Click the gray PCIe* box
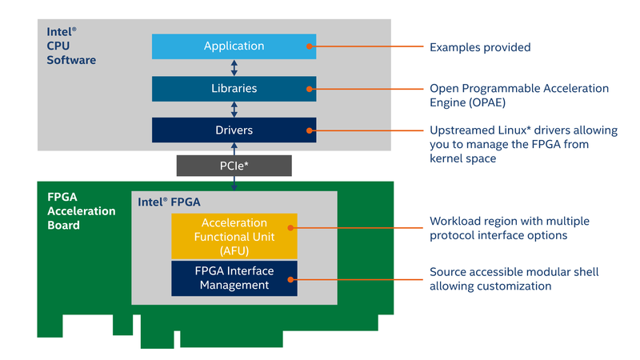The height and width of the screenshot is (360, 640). tap(234, 166)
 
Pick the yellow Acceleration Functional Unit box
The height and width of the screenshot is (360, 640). tap(234, 235)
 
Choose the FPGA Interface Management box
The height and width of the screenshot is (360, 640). tap(234, 278)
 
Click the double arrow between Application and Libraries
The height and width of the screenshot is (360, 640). tap(234, 67)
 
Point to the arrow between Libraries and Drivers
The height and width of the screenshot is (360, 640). tap(234, 109)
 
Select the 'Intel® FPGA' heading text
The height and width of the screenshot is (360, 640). tap(170, 202)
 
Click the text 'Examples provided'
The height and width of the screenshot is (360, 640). tap(479, 47)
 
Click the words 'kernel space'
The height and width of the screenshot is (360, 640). tap(462, 159)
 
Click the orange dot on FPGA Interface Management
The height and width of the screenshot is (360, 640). tap(290, 278)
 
